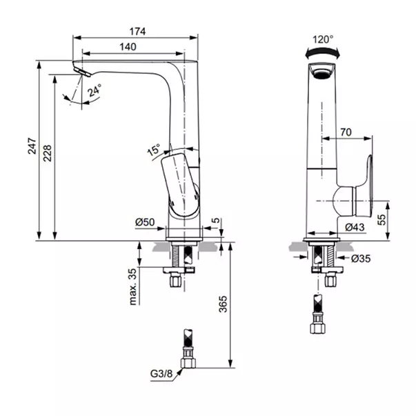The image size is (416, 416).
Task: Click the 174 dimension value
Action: pos(137,32)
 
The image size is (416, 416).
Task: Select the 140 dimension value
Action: pos(128,47)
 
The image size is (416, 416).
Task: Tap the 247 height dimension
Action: pos(32,146)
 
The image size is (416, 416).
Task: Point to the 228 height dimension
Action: pos(48,153)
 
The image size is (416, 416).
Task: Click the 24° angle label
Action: pos(95,90)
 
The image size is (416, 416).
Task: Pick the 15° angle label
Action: pos(154,150)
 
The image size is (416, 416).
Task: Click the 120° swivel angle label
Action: pos(323,39)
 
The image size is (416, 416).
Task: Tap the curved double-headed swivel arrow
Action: pos(322,52)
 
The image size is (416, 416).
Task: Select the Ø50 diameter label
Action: pos(145,221)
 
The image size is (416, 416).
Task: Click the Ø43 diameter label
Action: pos(355,227)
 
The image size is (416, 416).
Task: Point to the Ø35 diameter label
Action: pos(361,259)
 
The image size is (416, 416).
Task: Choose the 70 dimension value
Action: pos(346,132)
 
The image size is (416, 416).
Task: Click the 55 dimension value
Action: pos(382,219)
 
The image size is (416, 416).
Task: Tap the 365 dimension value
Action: pos(223,304)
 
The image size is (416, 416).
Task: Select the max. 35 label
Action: pos(132,287)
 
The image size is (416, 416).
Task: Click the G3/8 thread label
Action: pos(161,373)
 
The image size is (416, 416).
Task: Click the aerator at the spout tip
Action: pos(82,72)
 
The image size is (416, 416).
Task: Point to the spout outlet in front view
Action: pos(322,71)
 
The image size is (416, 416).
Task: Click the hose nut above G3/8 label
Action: pos(188,362)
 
